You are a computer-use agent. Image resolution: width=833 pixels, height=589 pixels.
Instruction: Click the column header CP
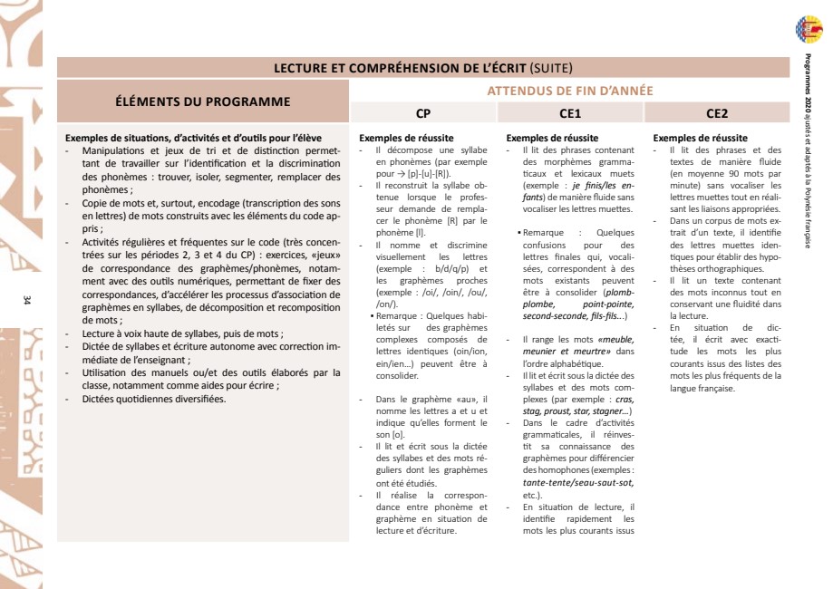click(422, 114)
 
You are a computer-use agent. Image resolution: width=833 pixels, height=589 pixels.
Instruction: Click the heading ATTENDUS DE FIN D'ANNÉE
click(570, 91)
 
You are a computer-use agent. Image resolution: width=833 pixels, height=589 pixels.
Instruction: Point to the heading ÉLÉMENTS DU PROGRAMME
click(203, 101)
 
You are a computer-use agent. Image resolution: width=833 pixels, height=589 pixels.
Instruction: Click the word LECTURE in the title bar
click(305, 68)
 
